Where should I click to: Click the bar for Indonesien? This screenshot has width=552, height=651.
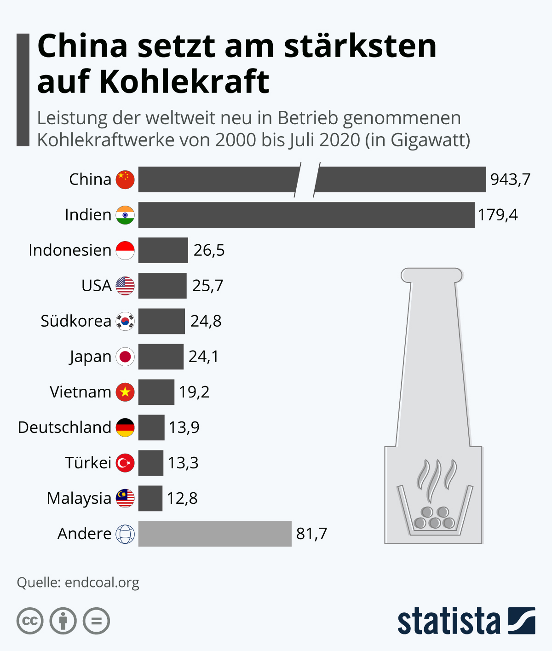coord(163,250)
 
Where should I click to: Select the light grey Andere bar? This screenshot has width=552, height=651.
coord(215,534)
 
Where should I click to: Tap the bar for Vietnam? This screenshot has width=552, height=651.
coord(156,392)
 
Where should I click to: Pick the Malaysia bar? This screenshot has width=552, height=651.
coord(150,498)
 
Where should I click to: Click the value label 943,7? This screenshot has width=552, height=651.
coord(510,179)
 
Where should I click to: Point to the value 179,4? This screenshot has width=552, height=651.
coord(498,215)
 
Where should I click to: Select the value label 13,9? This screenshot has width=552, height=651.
coord(184,427)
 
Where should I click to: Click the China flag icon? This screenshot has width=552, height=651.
coord(125,179)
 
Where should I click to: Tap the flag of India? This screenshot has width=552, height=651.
coord(125,215)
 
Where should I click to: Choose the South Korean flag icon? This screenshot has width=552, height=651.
coord(125,321)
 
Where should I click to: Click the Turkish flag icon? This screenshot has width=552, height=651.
coord(125,463)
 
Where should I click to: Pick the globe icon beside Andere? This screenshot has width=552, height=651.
coord(125,534)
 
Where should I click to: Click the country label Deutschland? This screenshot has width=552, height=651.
coord(64,427)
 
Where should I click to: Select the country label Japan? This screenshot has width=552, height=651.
coord(90,357)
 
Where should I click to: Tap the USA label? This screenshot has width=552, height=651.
coord(96,286)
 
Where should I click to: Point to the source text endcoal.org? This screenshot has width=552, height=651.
coord(102,582)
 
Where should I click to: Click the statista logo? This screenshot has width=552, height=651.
coord(466,621)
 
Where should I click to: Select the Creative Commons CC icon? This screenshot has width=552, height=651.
coord(30,621)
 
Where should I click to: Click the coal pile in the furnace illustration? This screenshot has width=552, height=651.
coord(434,518)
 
